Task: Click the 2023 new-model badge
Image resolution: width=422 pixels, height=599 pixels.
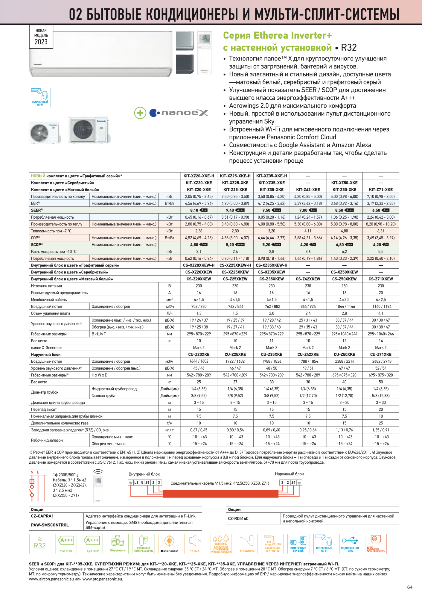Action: [x=41, y=37]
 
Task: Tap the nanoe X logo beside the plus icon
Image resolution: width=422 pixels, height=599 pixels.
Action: [x=179, y=113]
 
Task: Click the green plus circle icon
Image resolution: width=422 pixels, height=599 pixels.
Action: [x=140, y=113]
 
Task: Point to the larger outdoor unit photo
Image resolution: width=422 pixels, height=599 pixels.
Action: [x=89, y=130]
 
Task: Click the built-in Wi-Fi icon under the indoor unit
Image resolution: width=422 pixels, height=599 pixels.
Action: [x=40, y=97]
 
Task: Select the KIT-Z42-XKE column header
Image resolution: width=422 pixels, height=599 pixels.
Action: [x=308, y=190]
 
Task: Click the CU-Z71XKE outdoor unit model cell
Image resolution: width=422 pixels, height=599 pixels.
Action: [x=380, y=354]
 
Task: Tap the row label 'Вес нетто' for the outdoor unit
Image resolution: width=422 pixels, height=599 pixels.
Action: [x=39, y=382]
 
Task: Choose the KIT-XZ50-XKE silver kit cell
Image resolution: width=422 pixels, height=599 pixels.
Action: [x=344, y=183]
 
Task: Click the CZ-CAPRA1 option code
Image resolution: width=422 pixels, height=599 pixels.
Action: [x=42, y=516]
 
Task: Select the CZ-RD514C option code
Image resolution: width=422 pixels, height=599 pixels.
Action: [x=238, y=518]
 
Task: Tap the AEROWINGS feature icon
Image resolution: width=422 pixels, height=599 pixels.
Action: [x=247, y=544]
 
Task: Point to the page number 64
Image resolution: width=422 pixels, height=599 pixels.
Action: [x=410, y=587]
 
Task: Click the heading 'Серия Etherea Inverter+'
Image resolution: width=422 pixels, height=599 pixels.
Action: [x=277, y=35]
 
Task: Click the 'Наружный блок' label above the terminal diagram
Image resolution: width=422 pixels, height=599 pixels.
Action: [x=289, y=474]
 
